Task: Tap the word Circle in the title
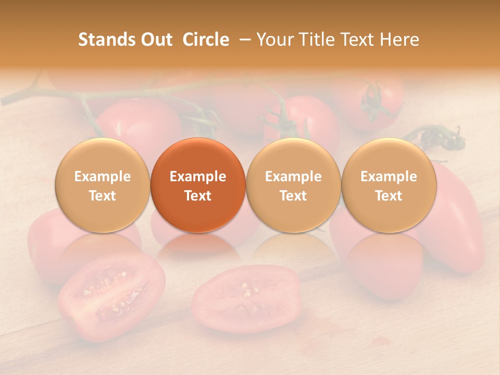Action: coord(206,40)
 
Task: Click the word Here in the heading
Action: coord(399,40)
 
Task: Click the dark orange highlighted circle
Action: coord(198,185)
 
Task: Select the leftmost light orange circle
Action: coord(102,185)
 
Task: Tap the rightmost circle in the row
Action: coord(389,185)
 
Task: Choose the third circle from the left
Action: coord(293,185)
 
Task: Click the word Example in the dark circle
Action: coord(198,177)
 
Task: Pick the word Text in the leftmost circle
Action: coord(102,196)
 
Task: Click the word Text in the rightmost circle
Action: coord(389,196)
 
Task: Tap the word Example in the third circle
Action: coord(293,177)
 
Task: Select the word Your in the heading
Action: coord(272,40)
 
